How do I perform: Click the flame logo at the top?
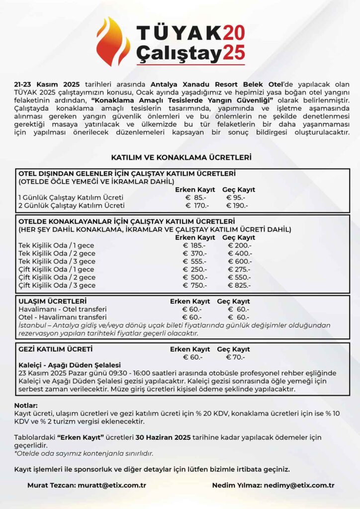tap(113, 42)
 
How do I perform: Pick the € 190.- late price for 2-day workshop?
tap(237, 205)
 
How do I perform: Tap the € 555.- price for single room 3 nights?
tap(194, 261)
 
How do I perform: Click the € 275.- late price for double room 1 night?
tap(239, 269)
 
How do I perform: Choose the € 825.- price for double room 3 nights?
tap(239, 285)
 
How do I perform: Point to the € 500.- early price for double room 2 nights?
tap(194, 277)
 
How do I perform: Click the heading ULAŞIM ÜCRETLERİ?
tap(53, 301)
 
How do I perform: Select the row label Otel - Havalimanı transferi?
tap(62, 317)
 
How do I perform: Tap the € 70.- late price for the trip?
tap(235, 357)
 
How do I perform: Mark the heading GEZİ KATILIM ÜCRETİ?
tap(55, 349)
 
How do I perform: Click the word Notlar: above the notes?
tap(26, 405)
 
